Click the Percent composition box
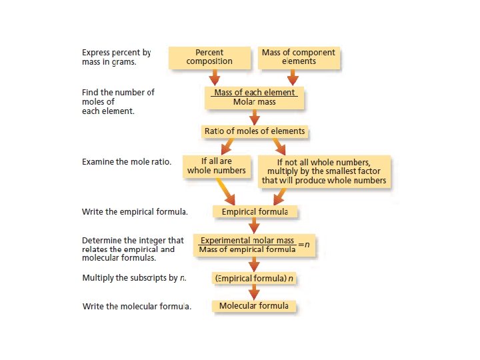point(209,57)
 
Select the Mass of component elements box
point(299,57)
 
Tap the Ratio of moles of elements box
point(254,131)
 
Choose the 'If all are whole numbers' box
point(216,166)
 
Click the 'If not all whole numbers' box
point(323,171)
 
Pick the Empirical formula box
point(255,212)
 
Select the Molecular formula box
point(254,306)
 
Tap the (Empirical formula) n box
point(254,278)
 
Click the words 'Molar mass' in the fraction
point(254,103)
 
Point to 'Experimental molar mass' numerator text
point(247,241)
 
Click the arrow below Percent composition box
point(215,77)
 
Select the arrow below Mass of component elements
point(292,77)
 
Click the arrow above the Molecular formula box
point(254,292)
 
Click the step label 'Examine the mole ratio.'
point(127,162)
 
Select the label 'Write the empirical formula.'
point(135,212)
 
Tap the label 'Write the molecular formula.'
point(137,307)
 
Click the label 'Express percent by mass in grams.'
point(117,57)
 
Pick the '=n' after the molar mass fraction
point(304,245)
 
